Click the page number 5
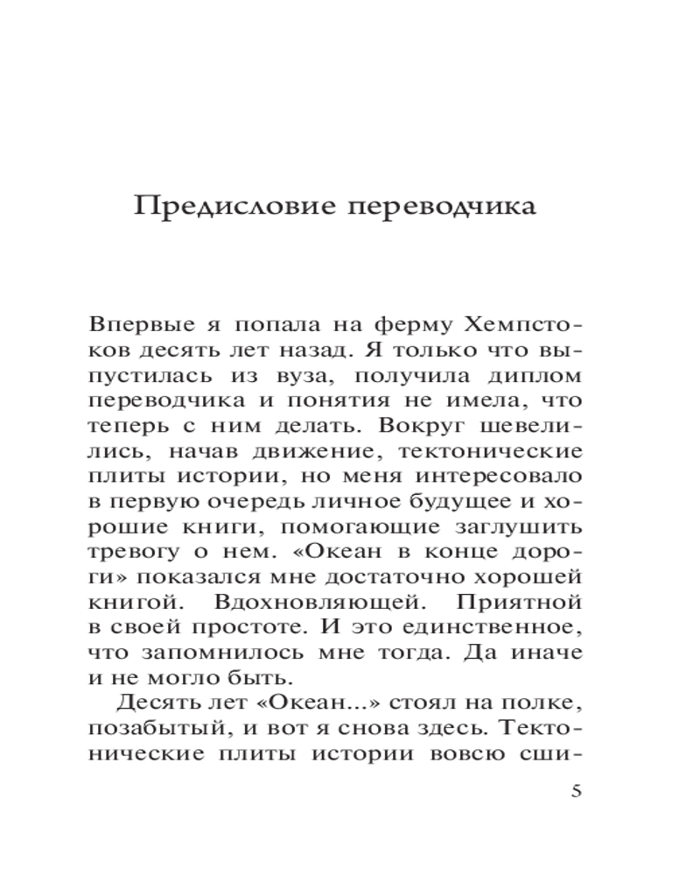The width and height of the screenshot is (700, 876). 575,792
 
